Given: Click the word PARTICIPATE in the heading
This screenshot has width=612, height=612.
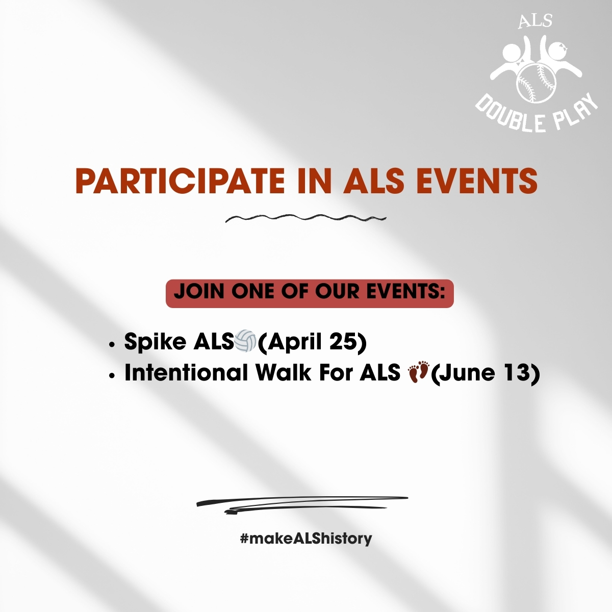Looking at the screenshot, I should [180, 180].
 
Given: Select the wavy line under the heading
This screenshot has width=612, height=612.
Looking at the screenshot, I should [305, 218].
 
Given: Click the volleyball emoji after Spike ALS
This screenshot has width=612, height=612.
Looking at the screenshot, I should [245, 341].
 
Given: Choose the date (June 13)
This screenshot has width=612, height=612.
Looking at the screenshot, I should [485, 373].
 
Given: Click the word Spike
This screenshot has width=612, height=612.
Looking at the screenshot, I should [155, 342].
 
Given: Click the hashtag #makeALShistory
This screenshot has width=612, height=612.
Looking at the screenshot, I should [306, 538].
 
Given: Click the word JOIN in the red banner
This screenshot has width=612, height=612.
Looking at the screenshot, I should [199, 292].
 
